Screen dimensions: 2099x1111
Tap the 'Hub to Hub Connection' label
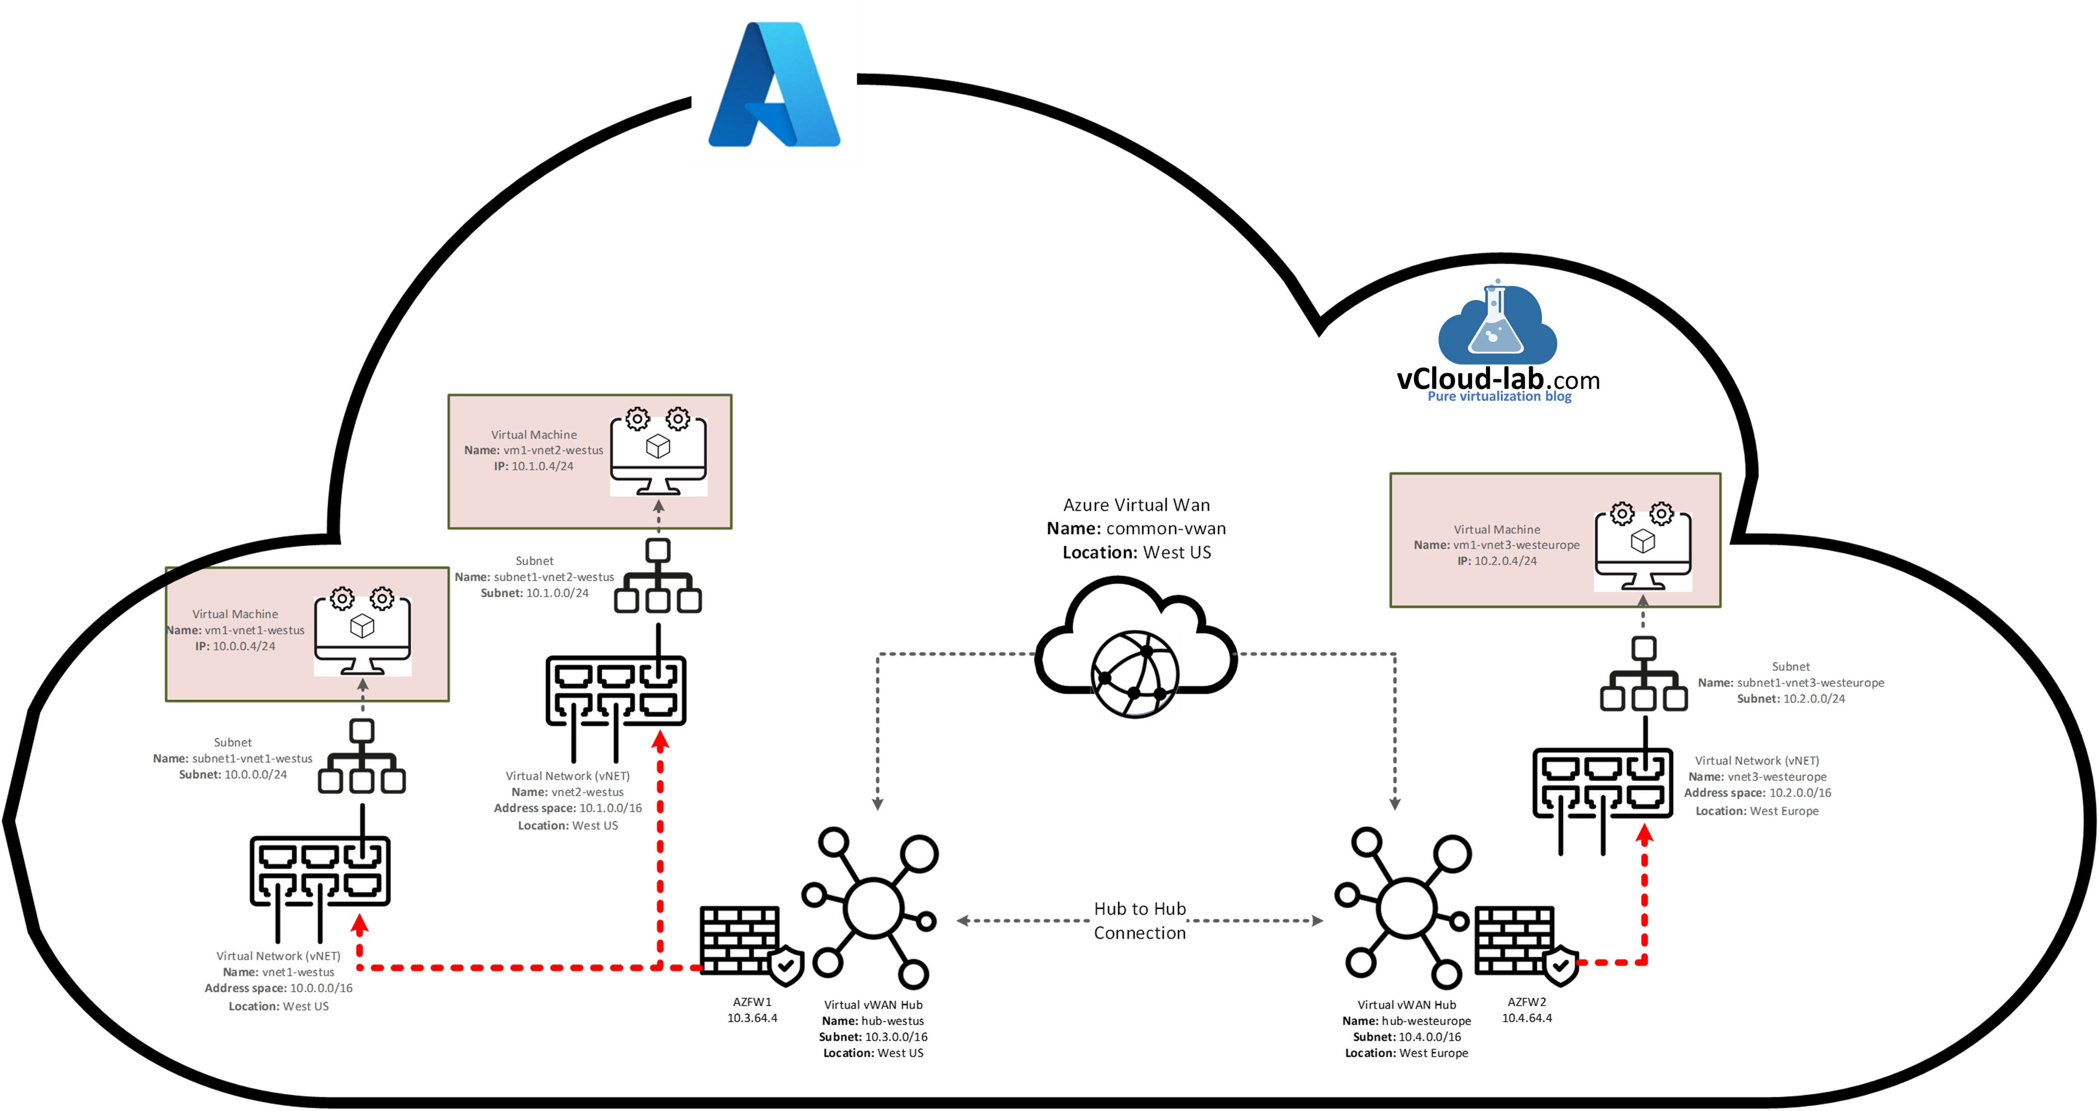tap(1139, 920)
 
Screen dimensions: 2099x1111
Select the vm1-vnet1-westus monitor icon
tap(362, 632)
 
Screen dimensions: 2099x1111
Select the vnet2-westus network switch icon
tap(616, 701)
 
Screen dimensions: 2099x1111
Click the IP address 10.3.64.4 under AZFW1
tap(752, 1018)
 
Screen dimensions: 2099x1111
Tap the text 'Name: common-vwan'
tap(1136, 528)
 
